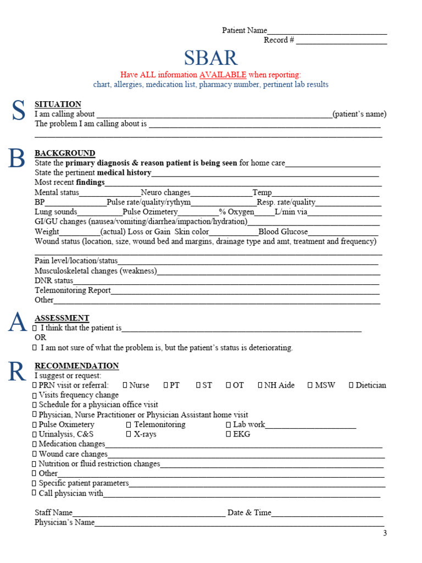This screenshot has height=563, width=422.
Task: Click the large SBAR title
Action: pyautogui.click(x=211, y=58)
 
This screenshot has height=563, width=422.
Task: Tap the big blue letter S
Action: pyautogui.click(x=18, y=111)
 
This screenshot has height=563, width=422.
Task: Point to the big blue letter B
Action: pyautogui.click(x=16, y=158)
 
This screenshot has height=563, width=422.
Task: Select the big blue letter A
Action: pyautogui.click(x=16, y=323)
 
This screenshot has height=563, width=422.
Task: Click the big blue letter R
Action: pyautogui.click(x=16, y=372)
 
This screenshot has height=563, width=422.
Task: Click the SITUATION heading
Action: pyautogui.click(x=58, y=104)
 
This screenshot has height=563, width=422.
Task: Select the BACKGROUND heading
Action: pyautogui.click(x=65, y=153)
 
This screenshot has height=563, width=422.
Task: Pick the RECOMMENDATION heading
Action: pyautogui.click(x=76, y=366)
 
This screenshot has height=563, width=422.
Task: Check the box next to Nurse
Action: pyautogui.click(x=125, y=385)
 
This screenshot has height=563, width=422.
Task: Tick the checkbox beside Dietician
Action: pyautogui.click(x=351, y=385)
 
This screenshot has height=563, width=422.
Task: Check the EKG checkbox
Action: pyautogui.click(x=228, y=434)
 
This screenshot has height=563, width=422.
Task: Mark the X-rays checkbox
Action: pyautogui.click(x=129, y=434)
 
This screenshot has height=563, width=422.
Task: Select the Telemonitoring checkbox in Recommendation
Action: pyautogui.click(x=129, y=425)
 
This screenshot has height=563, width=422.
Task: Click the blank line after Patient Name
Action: pyautogui.click(x=327, y=32)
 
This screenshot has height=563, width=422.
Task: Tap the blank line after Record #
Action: pyautogui.click(x=341, y=42)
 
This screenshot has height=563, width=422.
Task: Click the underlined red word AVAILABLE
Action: pyautogui.click(x=223, y=75)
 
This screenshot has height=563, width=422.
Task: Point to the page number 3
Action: pyautogui.click(x=385, y=533)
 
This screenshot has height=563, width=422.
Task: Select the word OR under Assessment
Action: pyautogui.click(x=41, y=338)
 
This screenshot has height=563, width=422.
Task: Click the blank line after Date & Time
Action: pyautogui.click(x=327, y=514)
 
